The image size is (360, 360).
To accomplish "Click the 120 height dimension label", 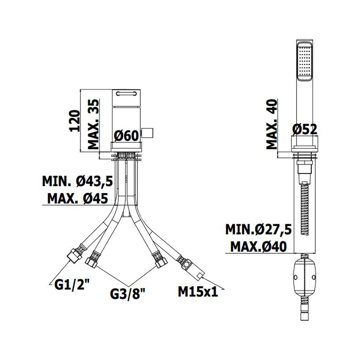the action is [x=75, y=121].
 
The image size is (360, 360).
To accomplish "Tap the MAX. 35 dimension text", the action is [x=94, y=124].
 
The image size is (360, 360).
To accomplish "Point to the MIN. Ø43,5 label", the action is [x=77, y=181].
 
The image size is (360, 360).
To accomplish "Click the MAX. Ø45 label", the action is [x=77, y=198].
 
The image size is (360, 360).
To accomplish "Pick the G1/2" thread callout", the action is [x=72, y=285].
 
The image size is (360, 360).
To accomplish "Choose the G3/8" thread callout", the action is [x=128, y=294].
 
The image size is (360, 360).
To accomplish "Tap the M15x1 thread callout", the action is [x=198, y=292].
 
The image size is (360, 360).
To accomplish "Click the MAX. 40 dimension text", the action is [x=272, y=124].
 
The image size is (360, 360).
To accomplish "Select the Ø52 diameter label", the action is [x=305, y=129].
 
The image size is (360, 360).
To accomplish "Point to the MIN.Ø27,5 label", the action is [x=258, y=229].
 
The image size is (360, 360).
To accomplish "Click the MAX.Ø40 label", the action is [x=258, y=247].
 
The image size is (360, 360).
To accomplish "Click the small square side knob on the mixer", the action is [x=147, y=133].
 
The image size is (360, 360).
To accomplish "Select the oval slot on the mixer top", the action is [x=126, y=93].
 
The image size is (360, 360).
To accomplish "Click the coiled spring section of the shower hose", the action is [x=305, y=209].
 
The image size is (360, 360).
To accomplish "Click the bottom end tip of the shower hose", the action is [x=305, y=320].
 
